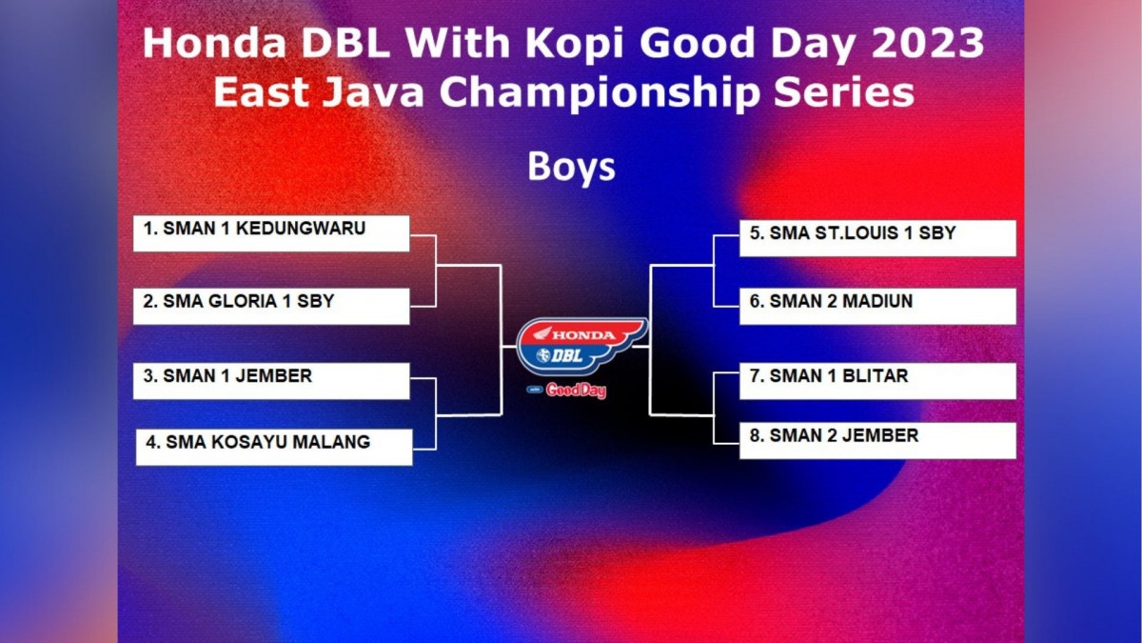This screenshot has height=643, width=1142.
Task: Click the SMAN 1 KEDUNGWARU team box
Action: pos(271,233)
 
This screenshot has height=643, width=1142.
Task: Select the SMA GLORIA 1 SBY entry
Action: pos(271,306)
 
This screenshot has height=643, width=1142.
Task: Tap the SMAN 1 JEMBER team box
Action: pos(271,381)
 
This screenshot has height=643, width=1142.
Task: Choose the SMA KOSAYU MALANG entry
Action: pos(274,447)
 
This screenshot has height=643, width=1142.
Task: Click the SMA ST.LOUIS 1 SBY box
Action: pos(877,238)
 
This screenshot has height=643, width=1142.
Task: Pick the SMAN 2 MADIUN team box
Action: pos(877,306)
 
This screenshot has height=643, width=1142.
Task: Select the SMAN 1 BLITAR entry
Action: pos(877,381)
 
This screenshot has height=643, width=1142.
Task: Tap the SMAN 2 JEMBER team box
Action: pos(877,440)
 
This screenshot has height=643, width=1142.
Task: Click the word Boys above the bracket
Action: pos(572,168)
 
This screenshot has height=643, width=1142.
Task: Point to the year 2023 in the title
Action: pos(928,43)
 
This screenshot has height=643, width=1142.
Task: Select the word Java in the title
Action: pos(373,92)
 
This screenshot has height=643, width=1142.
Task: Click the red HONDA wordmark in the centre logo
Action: pos(583,334)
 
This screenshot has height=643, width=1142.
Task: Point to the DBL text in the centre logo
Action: pos(567,355)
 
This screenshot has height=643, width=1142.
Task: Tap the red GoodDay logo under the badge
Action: pos(576,391)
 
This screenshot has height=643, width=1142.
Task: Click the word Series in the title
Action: pos(844,92)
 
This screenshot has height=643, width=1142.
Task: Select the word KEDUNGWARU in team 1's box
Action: pos(301,228)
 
